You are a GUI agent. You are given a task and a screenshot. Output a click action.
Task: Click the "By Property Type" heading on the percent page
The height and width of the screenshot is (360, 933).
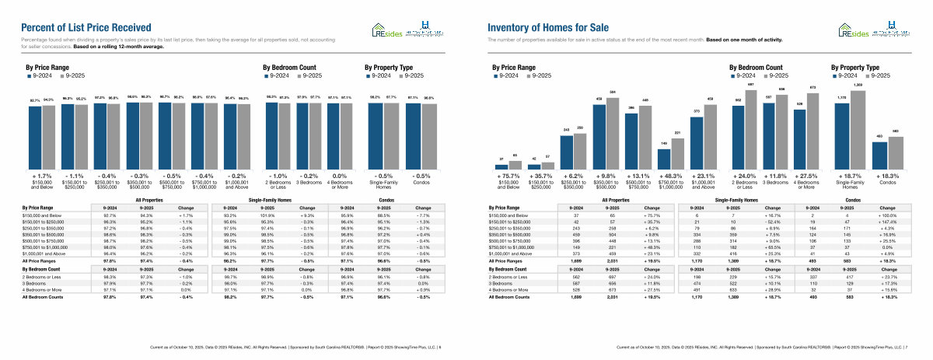point(390,68)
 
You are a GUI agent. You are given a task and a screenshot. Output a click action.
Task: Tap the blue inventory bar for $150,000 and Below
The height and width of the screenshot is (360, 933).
point(501,166)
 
